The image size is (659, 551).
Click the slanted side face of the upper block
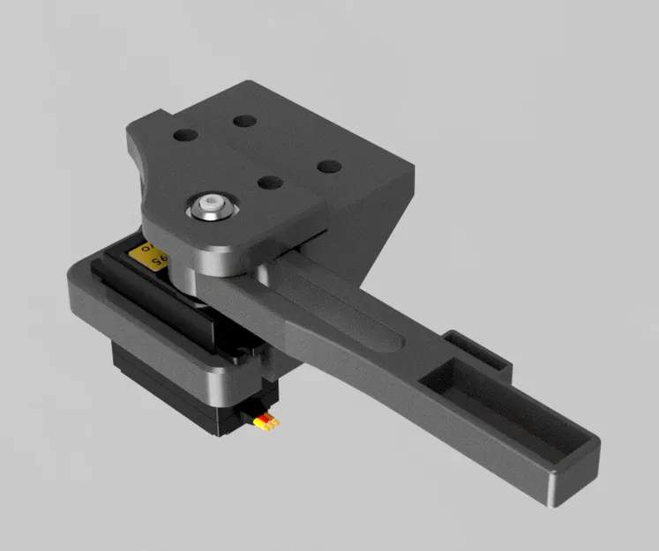(371, 229)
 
